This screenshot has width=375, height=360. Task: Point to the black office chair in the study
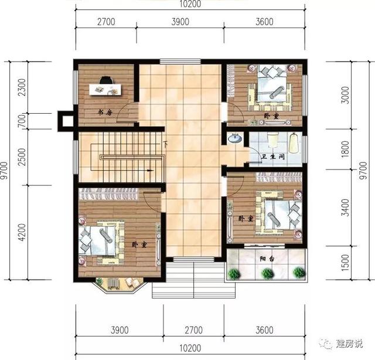(x=106, y=81)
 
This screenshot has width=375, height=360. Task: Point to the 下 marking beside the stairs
(x=166, y=144)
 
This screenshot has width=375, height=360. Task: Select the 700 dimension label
(x=22, y=121)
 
